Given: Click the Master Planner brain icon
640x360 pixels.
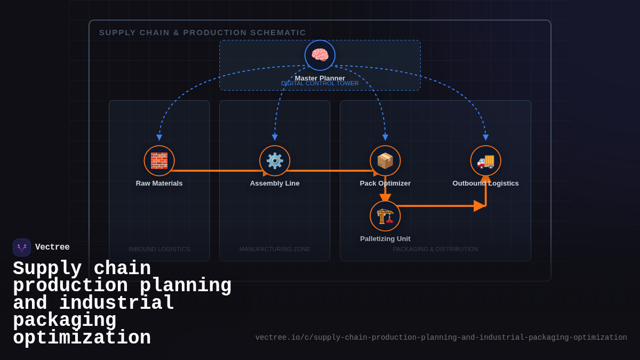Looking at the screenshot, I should click(320, 55).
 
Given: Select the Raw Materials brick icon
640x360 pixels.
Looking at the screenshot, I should click(159, 161).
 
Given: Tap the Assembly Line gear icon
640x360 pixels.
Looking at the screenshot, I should click(275, 161).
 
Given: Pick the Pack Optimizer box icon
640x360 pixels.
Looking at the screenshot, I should click(385, 161).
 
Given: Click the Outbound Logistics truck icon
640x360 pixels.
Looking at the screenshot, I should click(485, 161).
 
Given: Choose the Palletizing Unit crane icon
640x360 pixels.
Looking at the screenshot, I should click(385, 216).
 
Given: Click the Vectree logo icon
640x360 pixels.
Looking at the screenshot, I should click(22, 247).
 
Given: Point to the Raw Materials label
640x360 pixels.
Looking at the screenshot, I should click(159, 183).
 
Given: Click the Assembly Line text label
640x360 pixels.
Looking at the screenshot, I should click(275, 183).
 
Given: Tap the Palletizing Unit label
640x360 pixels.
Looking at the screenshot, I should click(385, 239).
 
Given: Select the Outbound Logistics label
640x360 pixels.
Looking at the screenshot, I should click(485, 183).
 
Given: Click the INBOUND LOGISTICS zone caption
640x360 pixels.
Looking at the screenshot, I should click(159, 249).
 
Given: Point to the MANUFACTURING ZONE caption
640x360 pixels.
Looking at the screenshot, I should click(275, 249).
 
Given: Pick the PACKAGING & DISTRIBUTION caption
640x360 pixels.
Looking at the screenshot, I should click(435, 249).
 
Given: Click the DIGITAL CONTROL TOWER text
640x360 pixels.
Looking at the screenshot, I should click(320, 84).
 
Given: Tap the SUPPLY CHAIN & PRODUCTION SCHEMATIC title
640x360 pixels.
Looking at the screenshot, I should click(203, 33).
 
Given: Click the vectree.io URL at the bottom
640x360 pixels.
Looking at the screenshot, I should click(441, 338).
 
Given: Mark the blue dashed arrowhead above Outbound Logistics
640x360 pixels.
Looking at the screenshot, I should click(485, 138).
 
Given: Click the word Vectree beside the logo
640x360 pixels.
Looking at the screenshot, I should click(52, 247).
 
